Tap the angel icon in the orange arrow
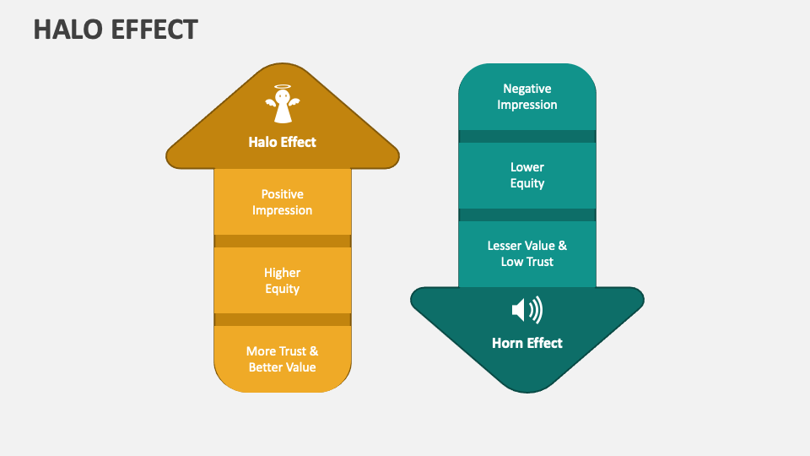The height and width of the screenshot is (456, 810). click(283, 106)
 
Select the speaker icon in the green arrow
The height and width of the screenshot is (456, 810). click(527, 310)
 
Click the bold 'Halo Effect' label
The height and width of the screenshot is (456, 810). click(283, 142)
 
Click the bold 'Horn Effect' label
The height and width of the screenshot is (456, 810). click(527, 343)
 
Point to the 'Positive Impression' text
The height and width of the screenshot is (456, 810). click(283, 203)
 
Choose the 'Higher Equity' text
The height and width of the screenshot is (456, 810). click(283, 281)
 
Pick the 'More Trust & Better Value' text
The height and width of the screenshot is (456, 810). click(283, 359)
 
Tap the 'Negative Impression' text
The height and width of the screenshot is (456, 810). click(527, 96)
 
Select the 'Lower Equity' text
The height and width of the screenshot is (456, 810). click(527, 175)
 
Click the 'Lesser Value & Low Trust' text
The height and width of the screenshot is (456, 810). click(527, 253)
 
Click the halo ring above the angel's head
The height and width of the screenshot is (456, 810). click(283, 87)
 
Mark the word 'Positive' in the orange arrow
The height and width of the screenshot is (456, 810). click(283, 194)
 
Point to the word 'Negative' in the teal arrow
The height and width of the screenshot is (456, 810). click(527, 89)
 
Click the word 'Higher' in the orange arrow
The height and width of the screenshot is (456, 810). click(283, 273)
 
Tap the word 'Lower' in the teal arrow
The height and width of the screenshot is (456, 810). click(527, 167)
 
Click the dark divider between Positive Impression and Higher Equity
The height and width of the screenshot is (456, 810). click(283, 241)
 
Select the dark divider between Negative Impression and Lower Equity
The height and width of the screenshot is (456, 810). click(527, 136)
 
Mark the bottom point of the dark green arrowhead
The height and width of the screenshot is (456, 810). click(527, 390)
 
